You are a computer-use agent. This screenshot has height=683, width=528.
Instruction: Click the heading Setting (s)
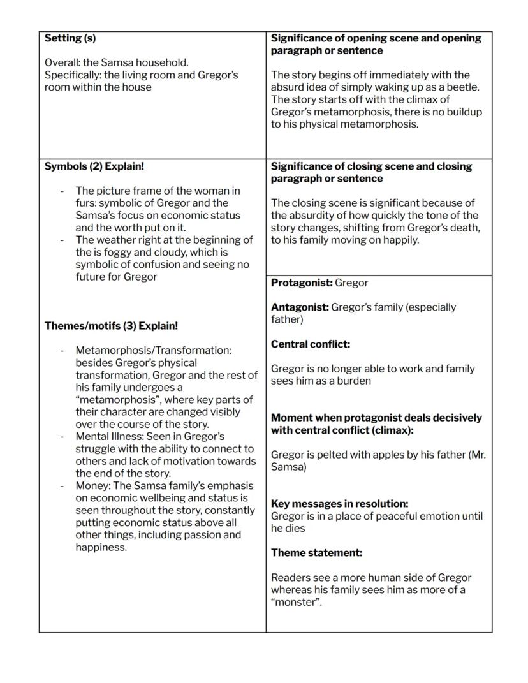click(70, 38)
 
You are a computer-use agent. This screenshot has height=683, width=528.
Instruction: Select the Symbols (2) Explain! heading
click(94, 166)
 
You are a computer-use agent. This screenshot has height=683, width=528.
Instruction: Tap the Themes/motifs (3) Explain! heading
click(111, 326)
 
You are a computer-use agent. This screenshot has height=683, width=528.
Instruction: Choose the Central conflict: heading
click(311, 344)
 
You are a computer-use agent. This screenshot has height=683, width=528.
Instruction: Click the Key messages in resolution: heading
click(340, 504)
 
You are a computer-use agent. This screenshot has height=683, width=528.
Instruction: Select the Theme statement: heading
click(316, 553)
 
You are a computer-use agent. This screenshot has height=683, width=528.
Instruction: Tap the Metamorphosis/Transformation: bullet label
click(153, 351)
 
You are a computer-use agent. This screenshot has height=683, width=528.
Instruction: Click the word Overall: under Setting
click(62, 62)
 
